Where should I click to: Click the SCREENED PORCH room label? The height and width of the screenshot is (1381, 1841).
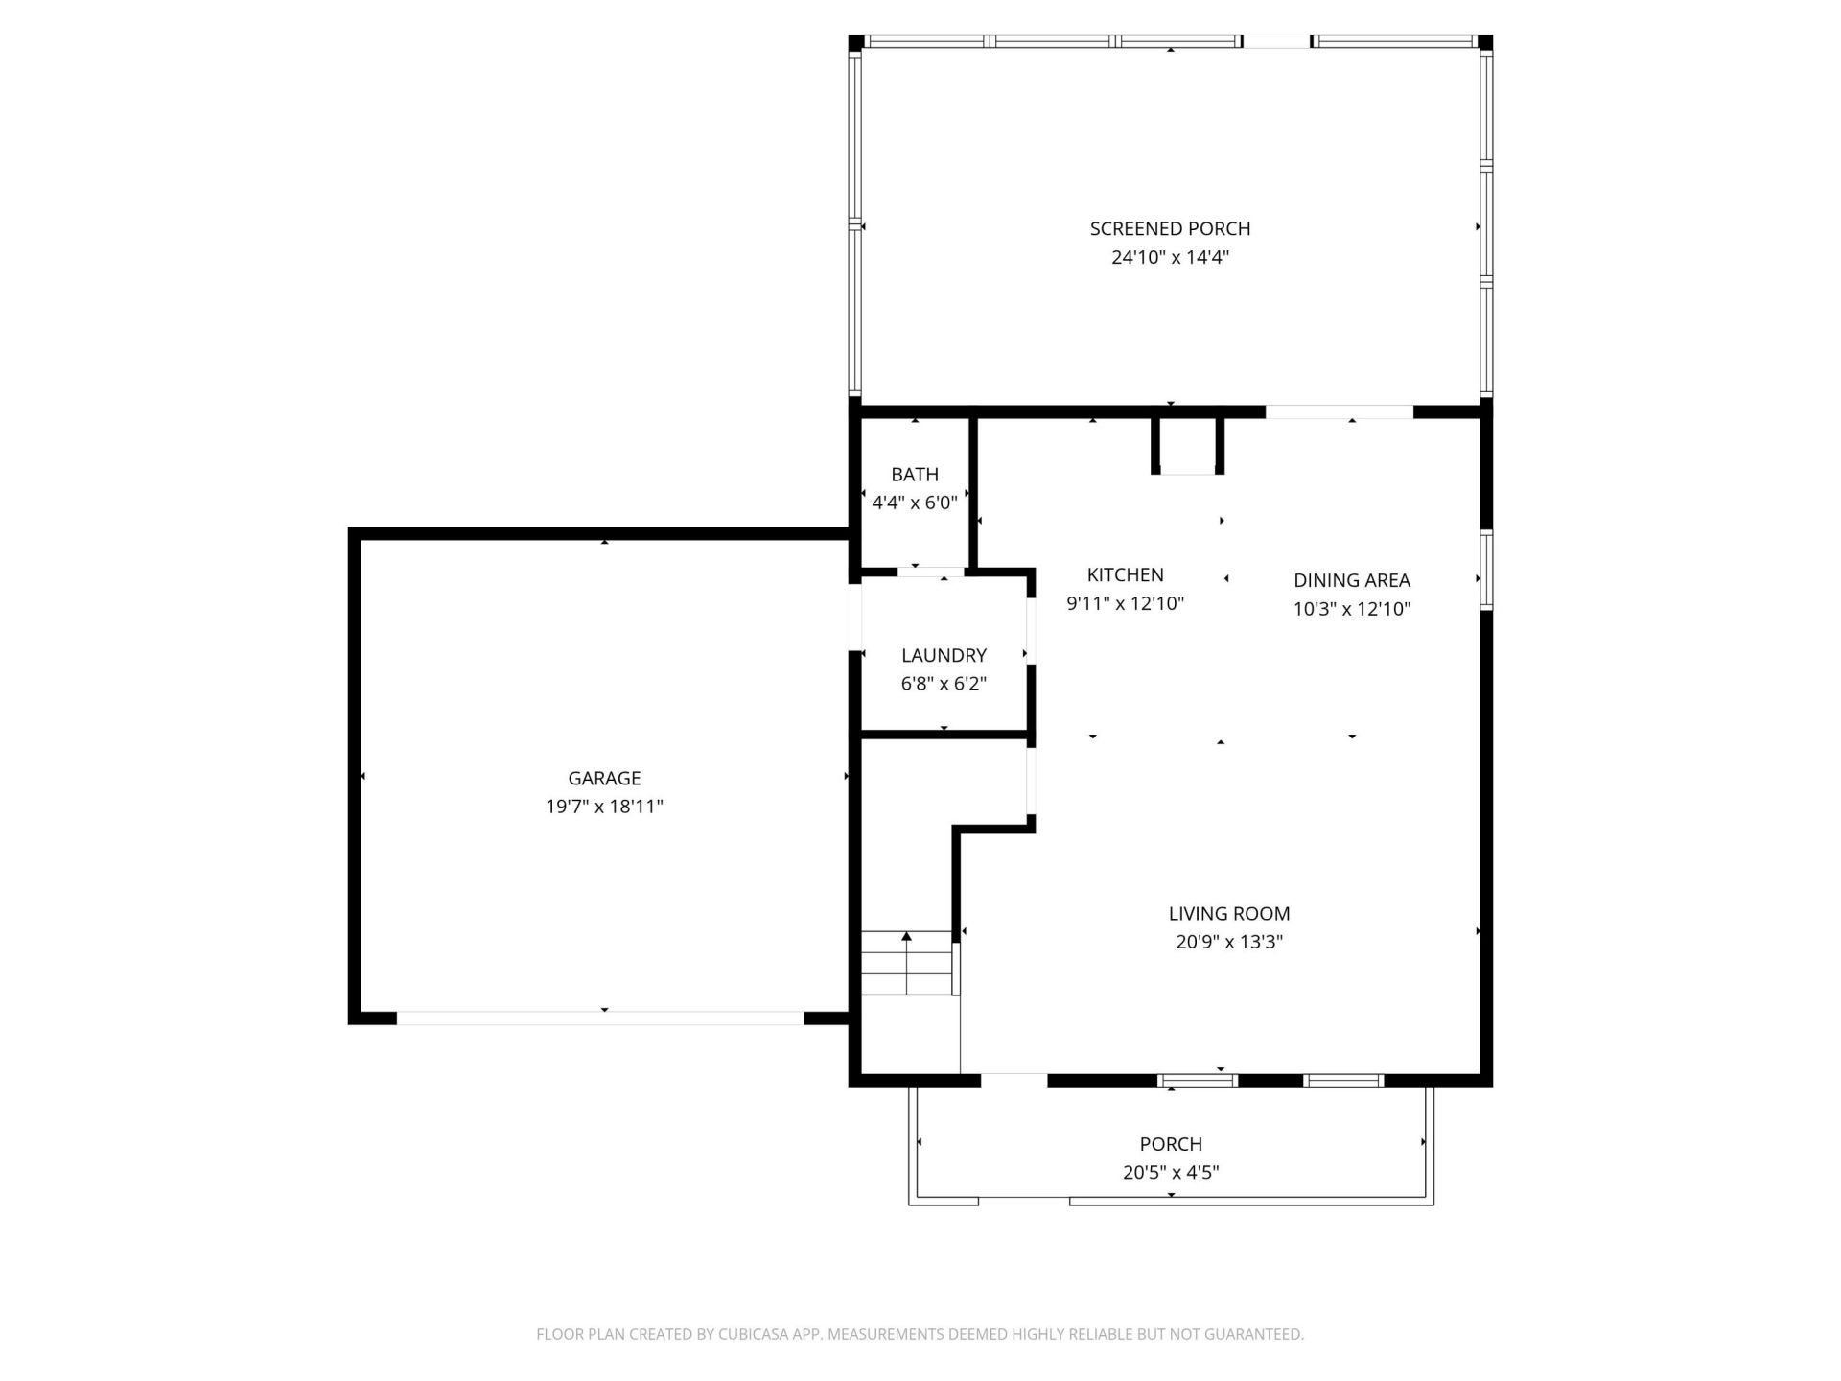tap(1170, 228)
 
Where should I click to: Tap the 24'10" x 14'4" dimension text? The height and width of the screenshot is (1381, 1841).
tap(1170, 257)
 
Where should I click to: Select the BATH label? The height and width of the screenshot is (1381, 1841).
tap(914, 474)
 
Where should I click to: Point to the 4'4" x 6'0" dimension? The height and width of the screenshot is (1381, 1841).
tap(914, 502)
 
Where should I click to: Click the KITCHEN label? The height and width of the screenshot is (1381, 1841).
tap(1125, 574)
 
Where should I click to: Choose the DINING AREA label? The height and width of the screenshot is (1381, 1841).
tap(1351, 580)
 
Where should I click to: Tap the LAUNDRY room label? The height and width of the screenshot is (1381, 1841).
tap(944, 655)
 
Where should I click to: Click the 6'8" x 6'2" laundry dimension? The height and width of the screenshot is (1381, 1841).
tap(944, 684)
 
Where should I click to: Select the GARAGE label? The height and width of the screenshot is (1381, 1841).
tap(604, 778)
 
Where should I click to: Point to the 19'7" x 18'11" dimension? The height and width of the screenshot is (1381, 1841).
tap(604, 807)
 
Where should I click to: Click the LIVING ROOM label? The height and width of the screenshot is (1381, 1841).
tap(1228, 914)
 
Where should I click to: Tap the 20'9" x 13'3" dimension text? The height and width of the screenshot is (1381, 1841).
tap(1228, 942)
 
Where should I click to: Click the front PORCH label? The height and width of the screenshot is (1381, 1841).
tap(1170, 1144)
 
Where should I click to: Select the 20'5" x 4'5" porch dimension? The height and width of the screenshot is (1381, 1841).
tap(1170, 1172)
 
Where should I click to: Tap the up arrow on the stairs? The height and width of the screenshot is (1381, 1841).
tap(906, 937)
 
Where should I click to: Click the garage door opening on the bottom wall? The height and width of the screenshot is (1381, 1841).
tap(600, 1018)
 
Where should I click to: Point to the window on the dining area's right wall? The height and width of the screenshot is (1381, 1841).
tap(1485, 572)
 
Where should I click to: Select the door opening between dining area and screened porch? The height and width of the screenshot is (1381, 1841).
tap(1339, 412)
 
